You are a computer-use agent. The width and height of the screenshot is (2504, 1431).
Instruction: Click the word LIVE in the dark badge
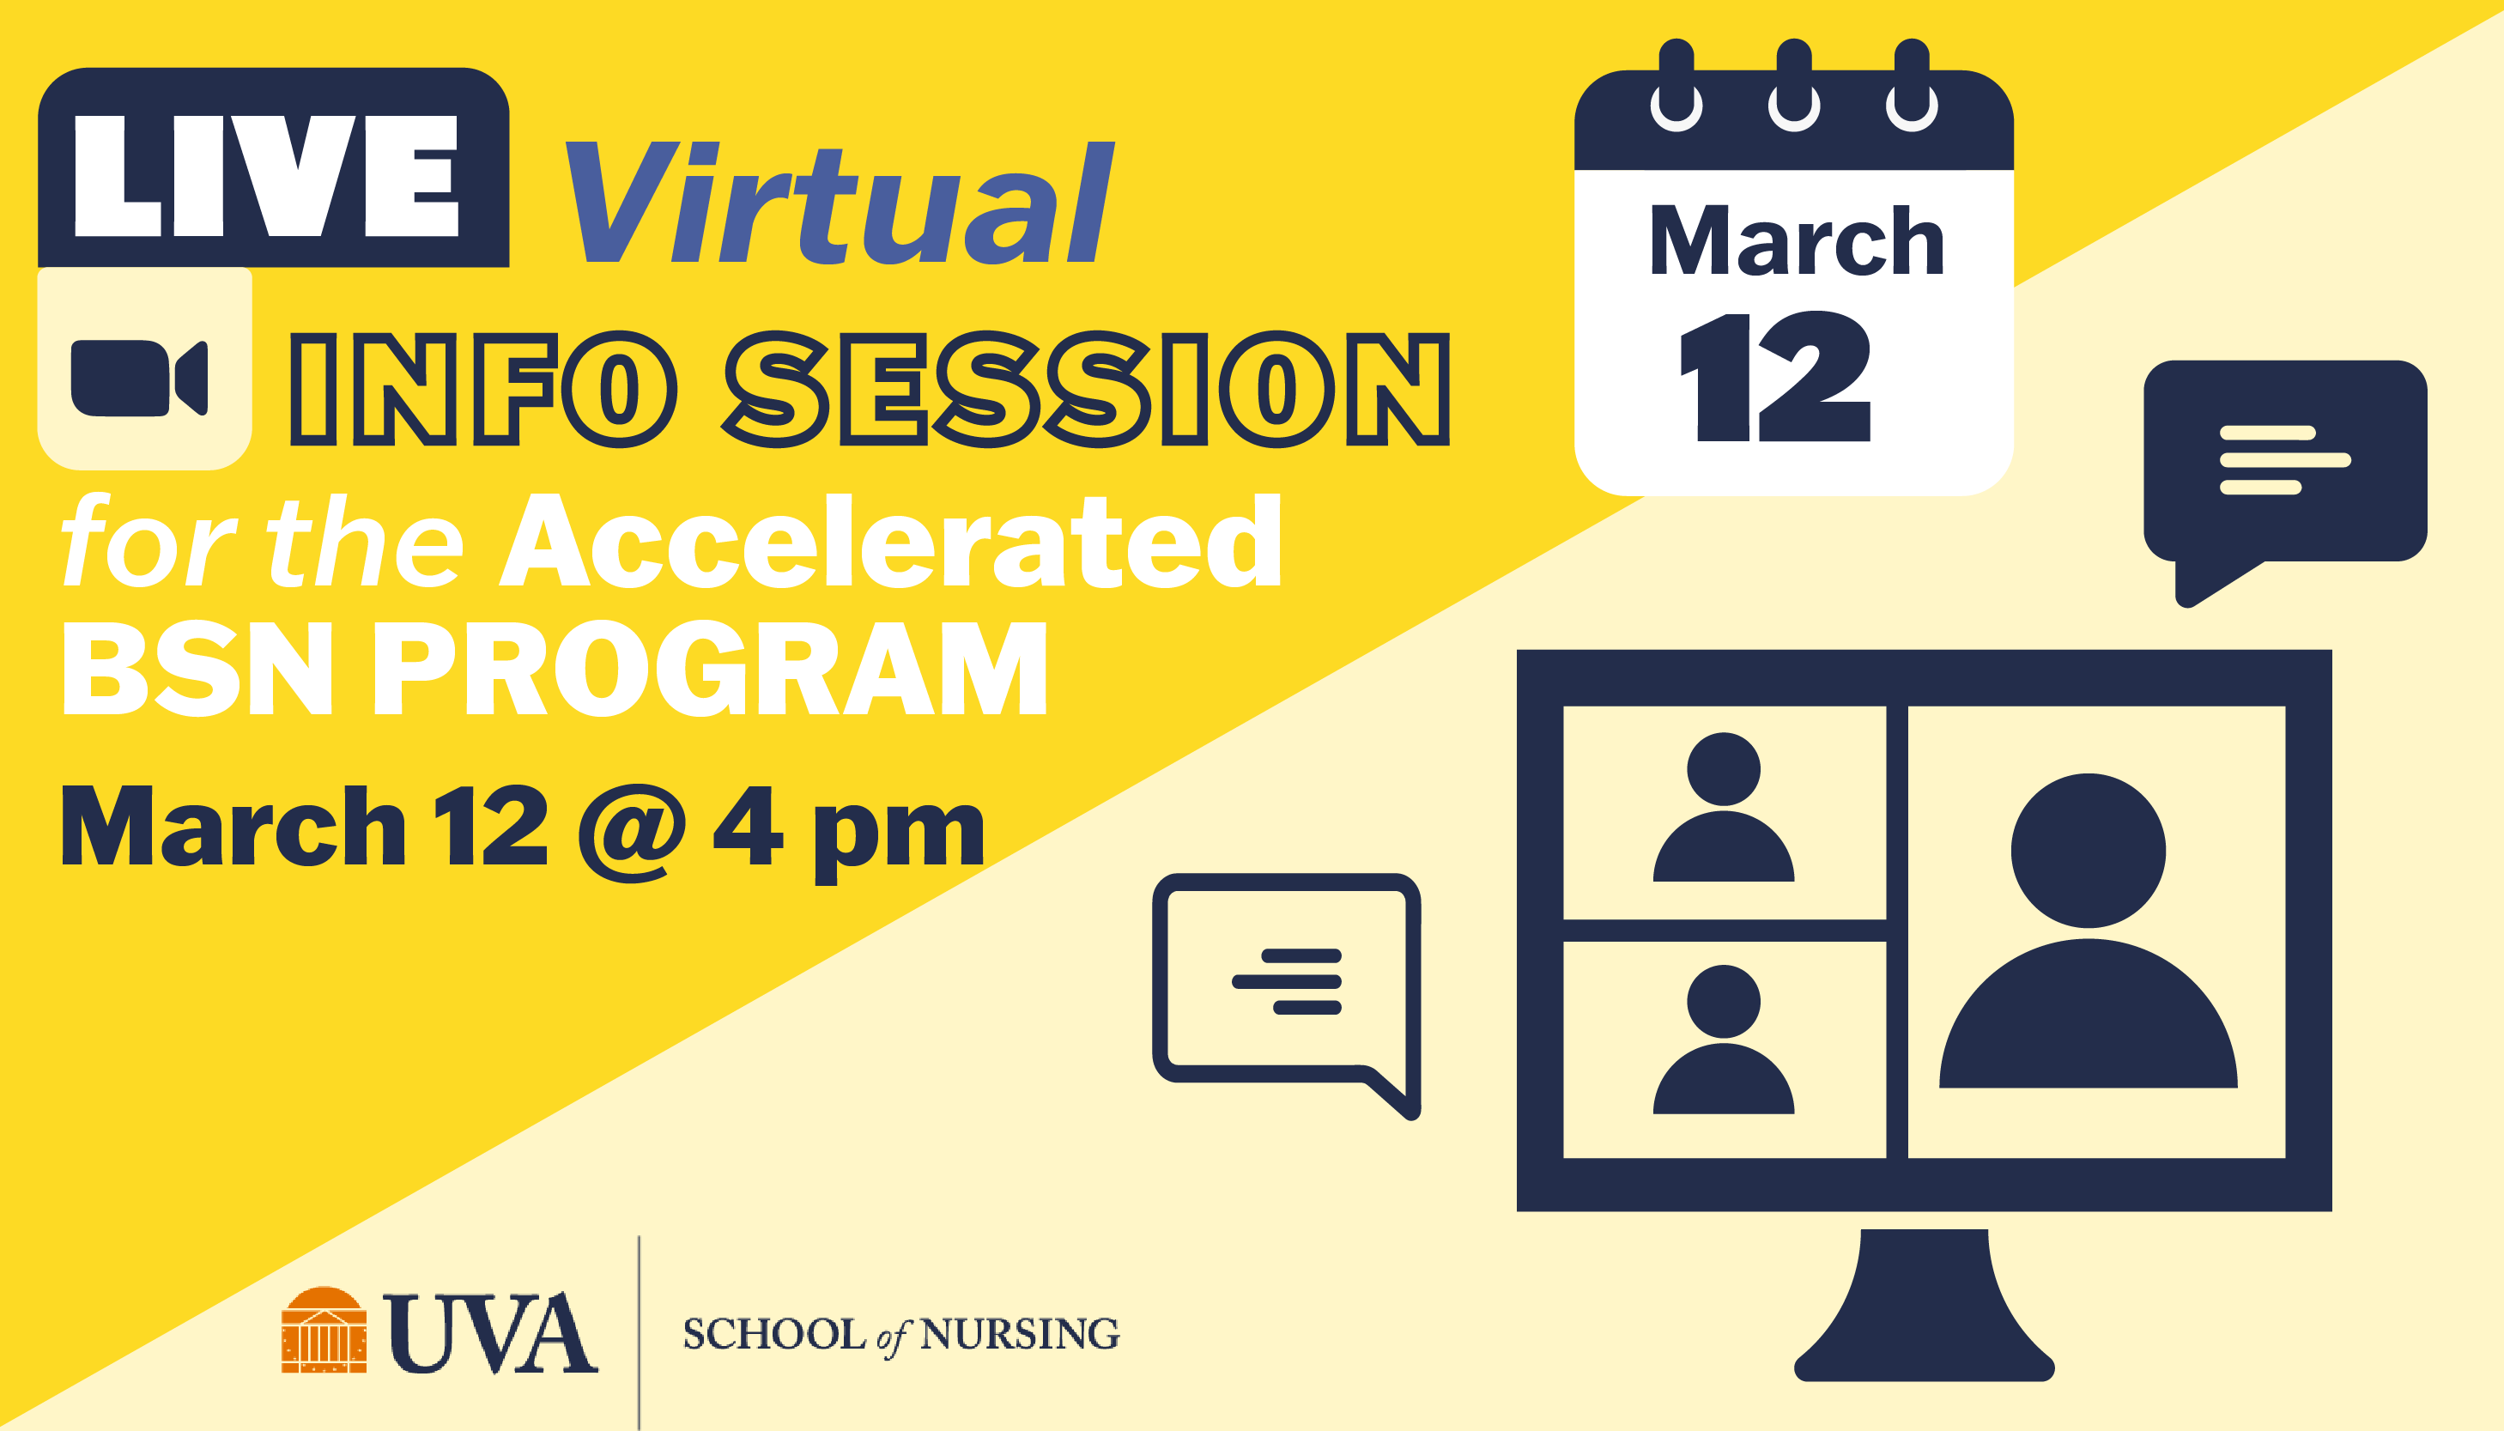[266, 176]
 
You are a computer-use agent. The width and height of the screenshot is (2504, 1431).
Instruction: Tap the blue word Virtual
[840, 203]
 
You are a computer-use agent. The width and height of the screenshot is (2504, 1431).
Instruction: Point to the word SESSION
[1086, 389]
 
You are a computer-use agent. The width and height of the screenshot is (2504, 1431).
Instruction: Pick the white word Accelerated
[890, 541]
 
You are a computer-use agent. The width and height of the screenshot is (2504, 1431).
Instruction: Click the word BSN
[197, 669]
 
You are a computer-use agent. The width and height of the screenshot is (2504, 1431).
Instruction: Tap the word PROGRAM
[711, 669]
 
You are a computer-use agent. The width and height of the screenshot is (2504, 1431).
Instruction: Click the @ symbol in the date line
[633, 833]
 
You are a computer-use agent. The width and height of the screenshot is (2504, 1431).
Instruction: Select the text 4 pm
[848, 833]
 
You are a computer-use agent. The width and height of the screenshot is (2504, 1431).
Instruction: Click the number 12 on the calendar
[1775, 377]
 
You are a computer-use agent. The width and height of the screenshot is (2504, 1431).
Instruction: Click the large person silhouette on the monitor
[2089, 930]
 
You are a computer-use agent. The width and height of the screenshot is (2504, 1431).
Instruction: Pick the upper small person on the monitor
[1724, 807]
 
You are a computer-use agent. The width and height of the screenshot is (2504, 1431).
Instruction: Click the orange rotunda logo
[324, 1329]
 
